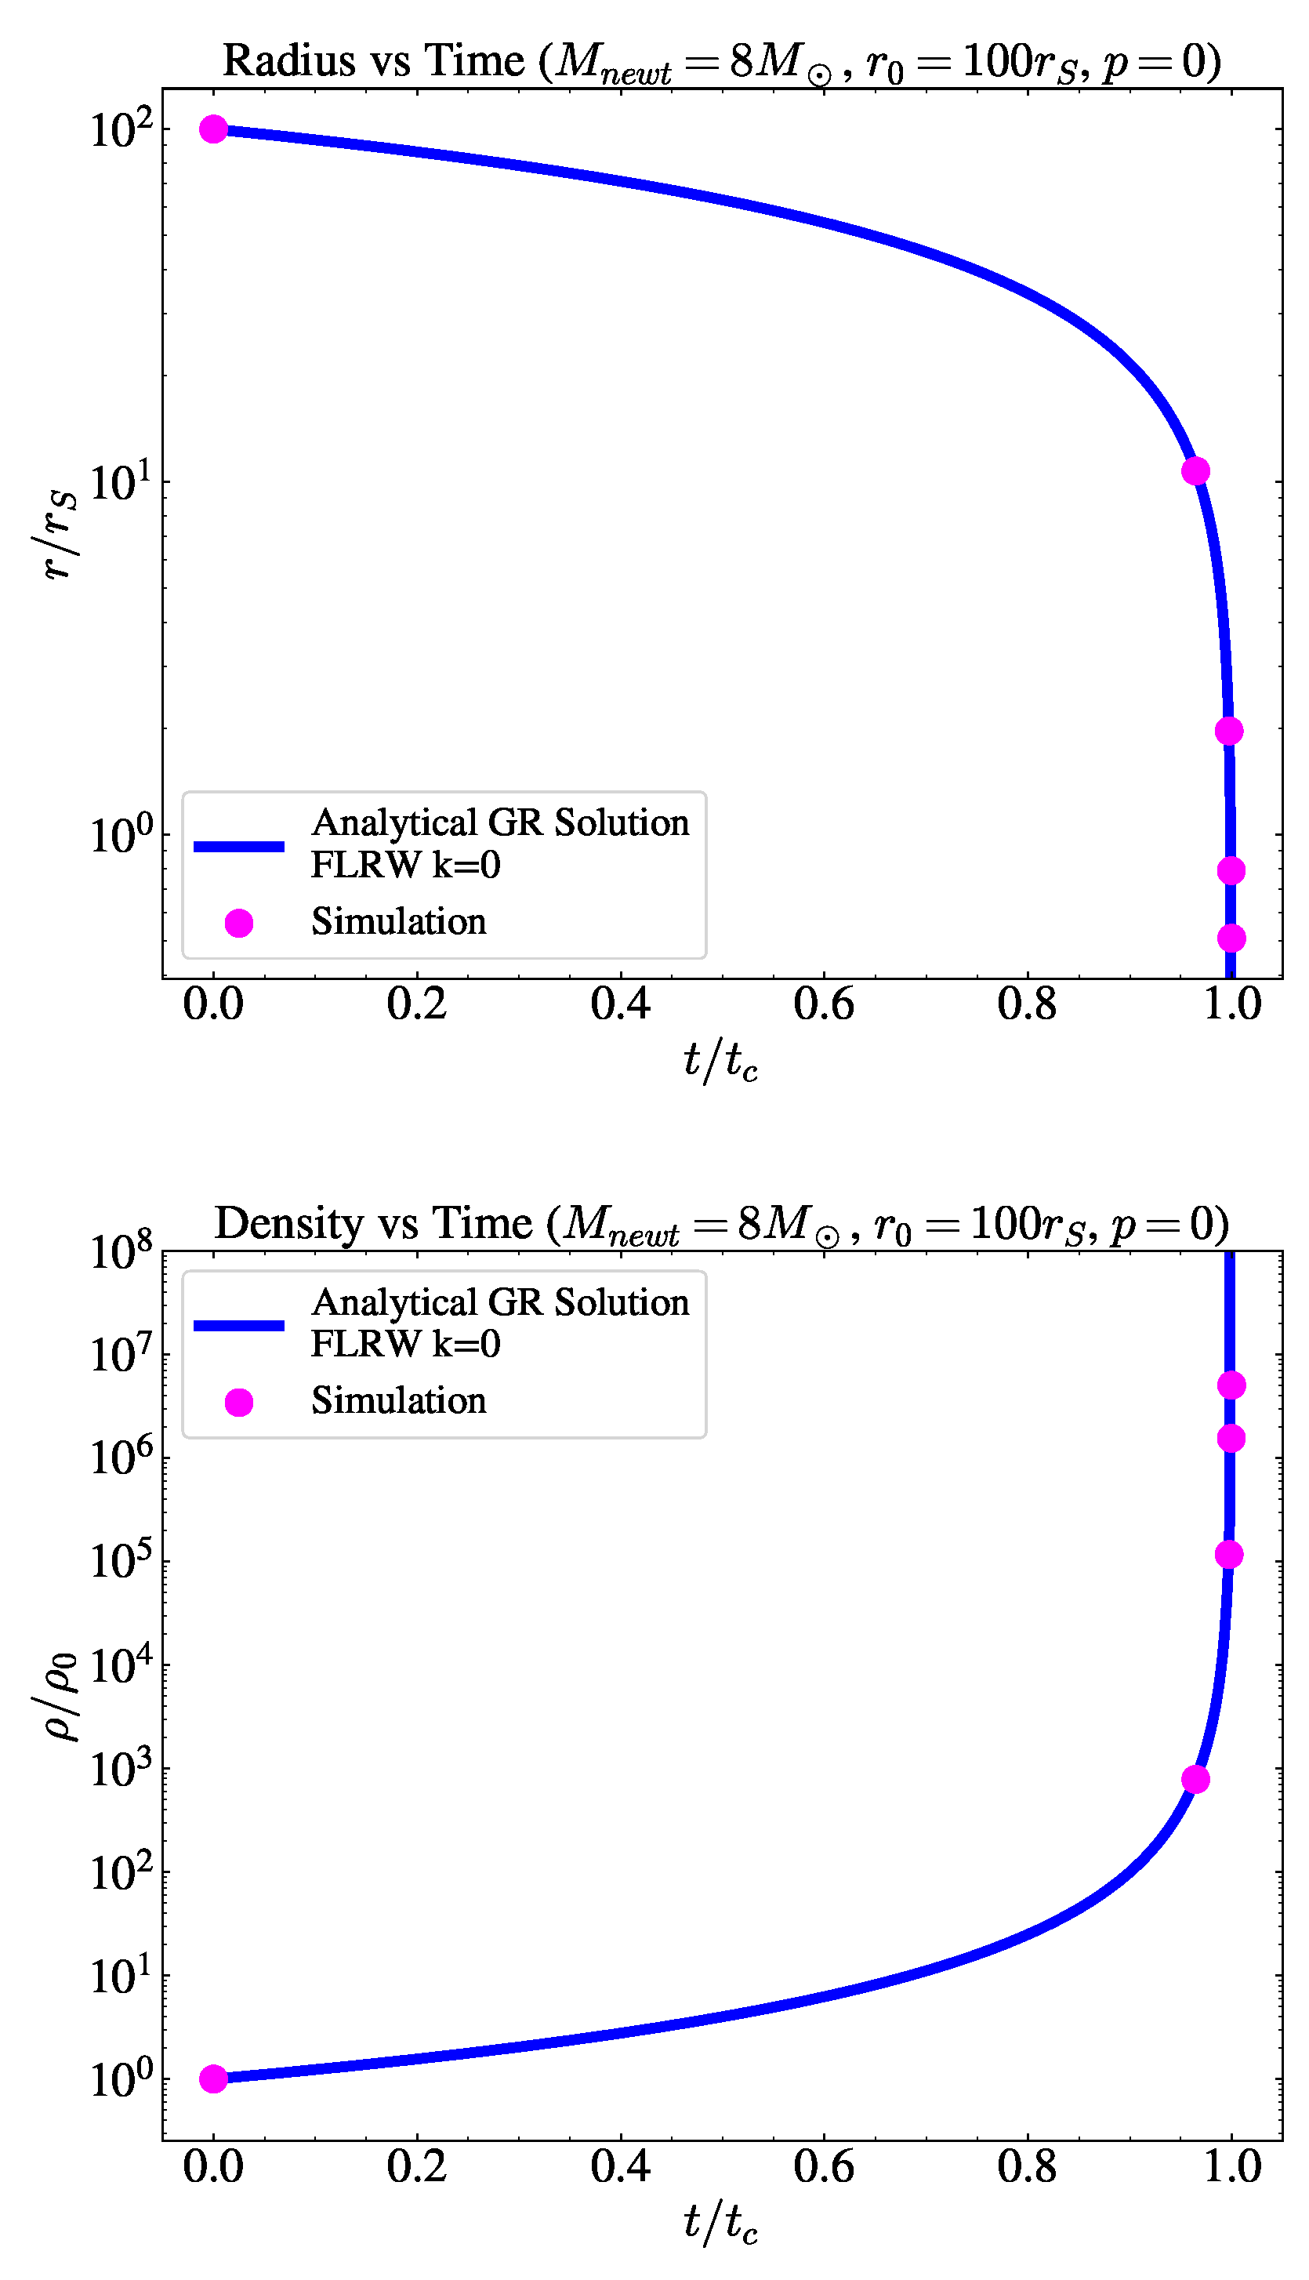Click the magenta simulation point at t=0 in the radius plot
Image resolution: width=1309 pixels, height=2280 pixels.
point(213,129)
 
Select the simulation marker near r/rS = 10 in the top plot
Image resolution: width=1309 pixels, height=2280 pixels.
point(1195,471)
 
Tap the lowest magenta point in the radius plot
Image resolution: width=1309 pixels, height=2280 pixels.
point(1231,938)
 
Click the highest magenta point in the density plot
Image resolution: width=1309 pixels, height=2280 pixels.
point(1231,1385)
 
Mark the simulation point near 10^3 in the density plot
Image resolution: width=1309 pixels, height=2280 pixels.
point(1195,1779)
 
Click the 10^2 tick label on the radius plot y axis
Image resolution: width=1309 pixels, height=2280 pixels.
point(121,129)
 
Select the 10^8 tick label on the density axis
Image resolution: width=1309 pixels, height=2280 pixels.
point(121,1251)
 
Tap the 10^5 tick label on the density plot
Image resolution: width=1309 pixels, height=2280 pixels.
point(121,1562)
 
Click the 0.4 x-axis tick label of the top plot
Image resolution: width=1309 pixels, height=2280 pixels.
point(620,1004)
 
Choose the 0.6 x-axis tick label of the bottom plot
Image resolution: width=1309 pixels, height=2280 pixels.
point(824,2167)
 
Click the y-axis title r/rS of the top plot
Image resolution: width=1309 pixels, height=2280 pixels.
point(59,535)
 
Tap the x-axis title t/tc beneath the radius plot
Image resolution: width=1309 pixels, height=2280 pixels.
point(720,1061)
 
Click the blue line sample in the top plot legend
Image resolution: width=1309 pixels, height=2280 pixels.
point(239,846)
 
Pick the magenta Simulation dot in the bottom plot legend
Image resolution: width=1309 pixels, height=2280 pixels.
point(238,1402)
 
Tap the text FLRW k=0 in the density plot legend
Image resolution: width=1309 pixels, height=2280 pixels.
point(405,1344)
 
